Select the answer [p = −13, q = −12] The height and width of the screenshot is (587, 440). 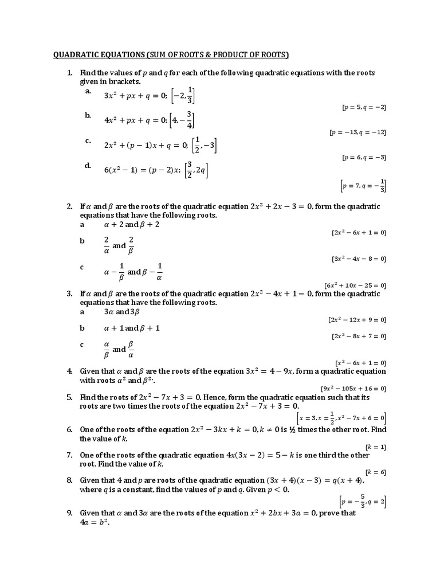[x=357, y=132]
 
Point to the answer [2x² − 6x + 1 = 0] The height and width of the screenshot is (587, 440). [x=359, y=232]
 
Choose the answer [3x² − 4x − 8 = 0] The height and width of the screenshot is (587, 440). [x=359, y=259]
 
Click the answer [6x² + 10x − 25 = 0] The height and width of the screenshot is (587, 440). [x=355, y=285]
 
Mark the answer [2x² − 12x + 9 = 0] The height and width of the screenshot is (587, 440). [x=357, y=319]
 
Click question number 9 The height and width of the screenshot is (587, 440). [x=69, y=513]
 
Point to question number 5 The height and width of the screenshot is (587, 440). [x=69, y=397]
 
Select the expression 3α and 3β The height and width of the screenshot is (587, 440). [x=122, y=312]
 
